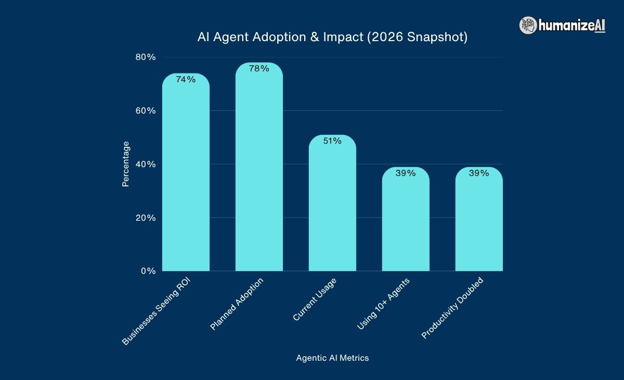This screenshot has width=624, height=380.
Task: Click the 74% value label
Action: click(x=186, y=80)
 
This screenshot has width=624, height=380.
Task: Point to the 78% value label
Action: click(x=259, y=69)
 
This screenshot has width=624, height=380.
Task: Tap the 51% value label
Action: click(x=332, y=141)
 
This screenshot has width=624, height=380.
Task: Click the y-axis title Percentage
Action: click(x=126, y=164)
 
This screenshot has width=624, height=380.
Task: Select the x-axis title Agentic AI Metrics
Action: click(x=332, y=358)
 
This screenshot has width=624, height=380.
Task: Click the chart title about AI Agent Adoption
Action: click(x=332, y=37)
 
